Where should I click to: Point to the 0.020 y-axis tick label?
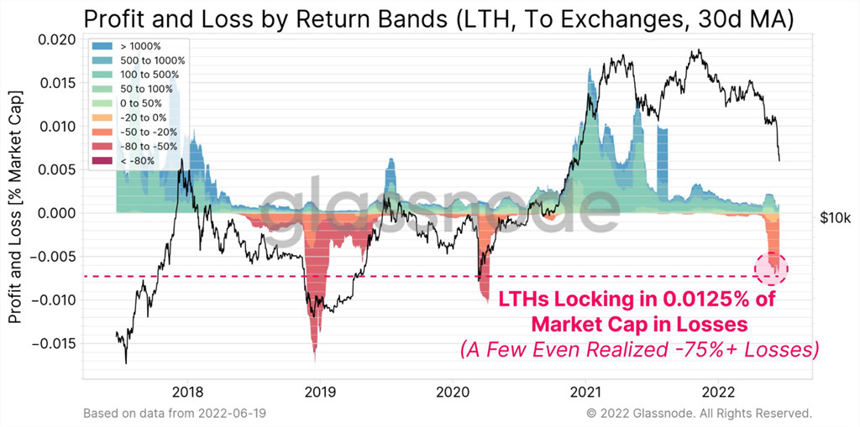click(56, 39)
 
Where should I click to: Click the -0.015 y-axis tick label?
click(54, 343)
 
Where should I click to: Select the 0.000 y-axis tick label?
click(56, 213)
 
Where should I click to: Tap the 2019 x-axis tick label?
click(320, 392)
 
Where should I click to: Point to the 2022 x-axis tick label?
click(717, 392)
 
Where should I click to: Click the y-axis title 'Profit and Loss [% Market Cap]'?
click(14, 210)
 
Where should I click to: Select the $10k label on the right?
click(836, 218)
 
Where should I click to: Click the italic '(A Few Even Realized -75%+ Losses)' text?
click(638, 348)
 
